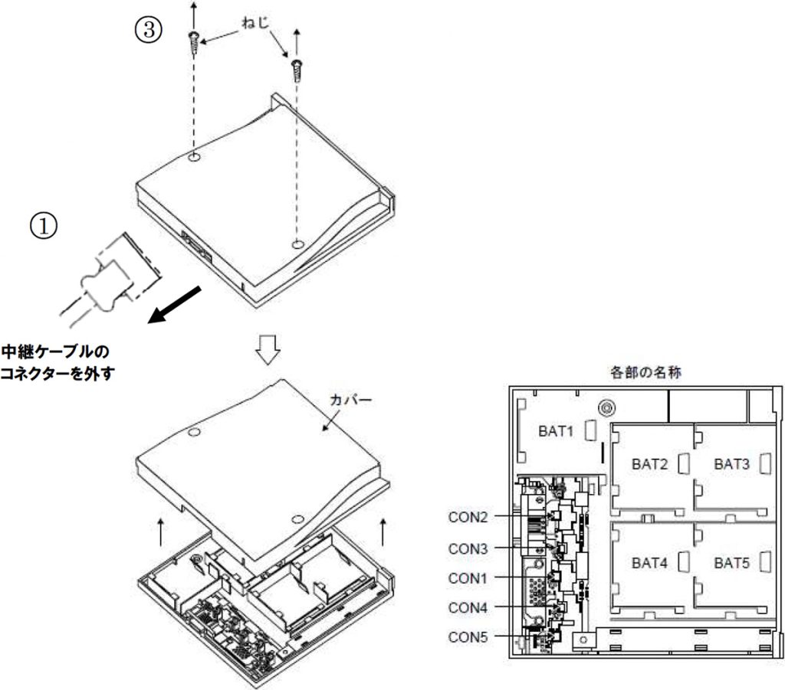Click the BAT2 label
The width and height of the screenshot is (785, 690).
point(650,463)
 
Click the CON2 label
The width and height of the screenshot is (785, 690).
point(468,517)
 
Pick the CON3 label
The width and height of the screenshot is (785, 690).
point(468,548)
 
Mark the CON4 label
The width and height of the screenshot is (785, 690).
point(468,607)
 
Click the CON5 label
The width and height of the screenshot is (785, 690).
point(468,636)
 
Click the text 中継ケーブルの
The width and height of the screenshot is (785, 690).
point(54,353)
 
